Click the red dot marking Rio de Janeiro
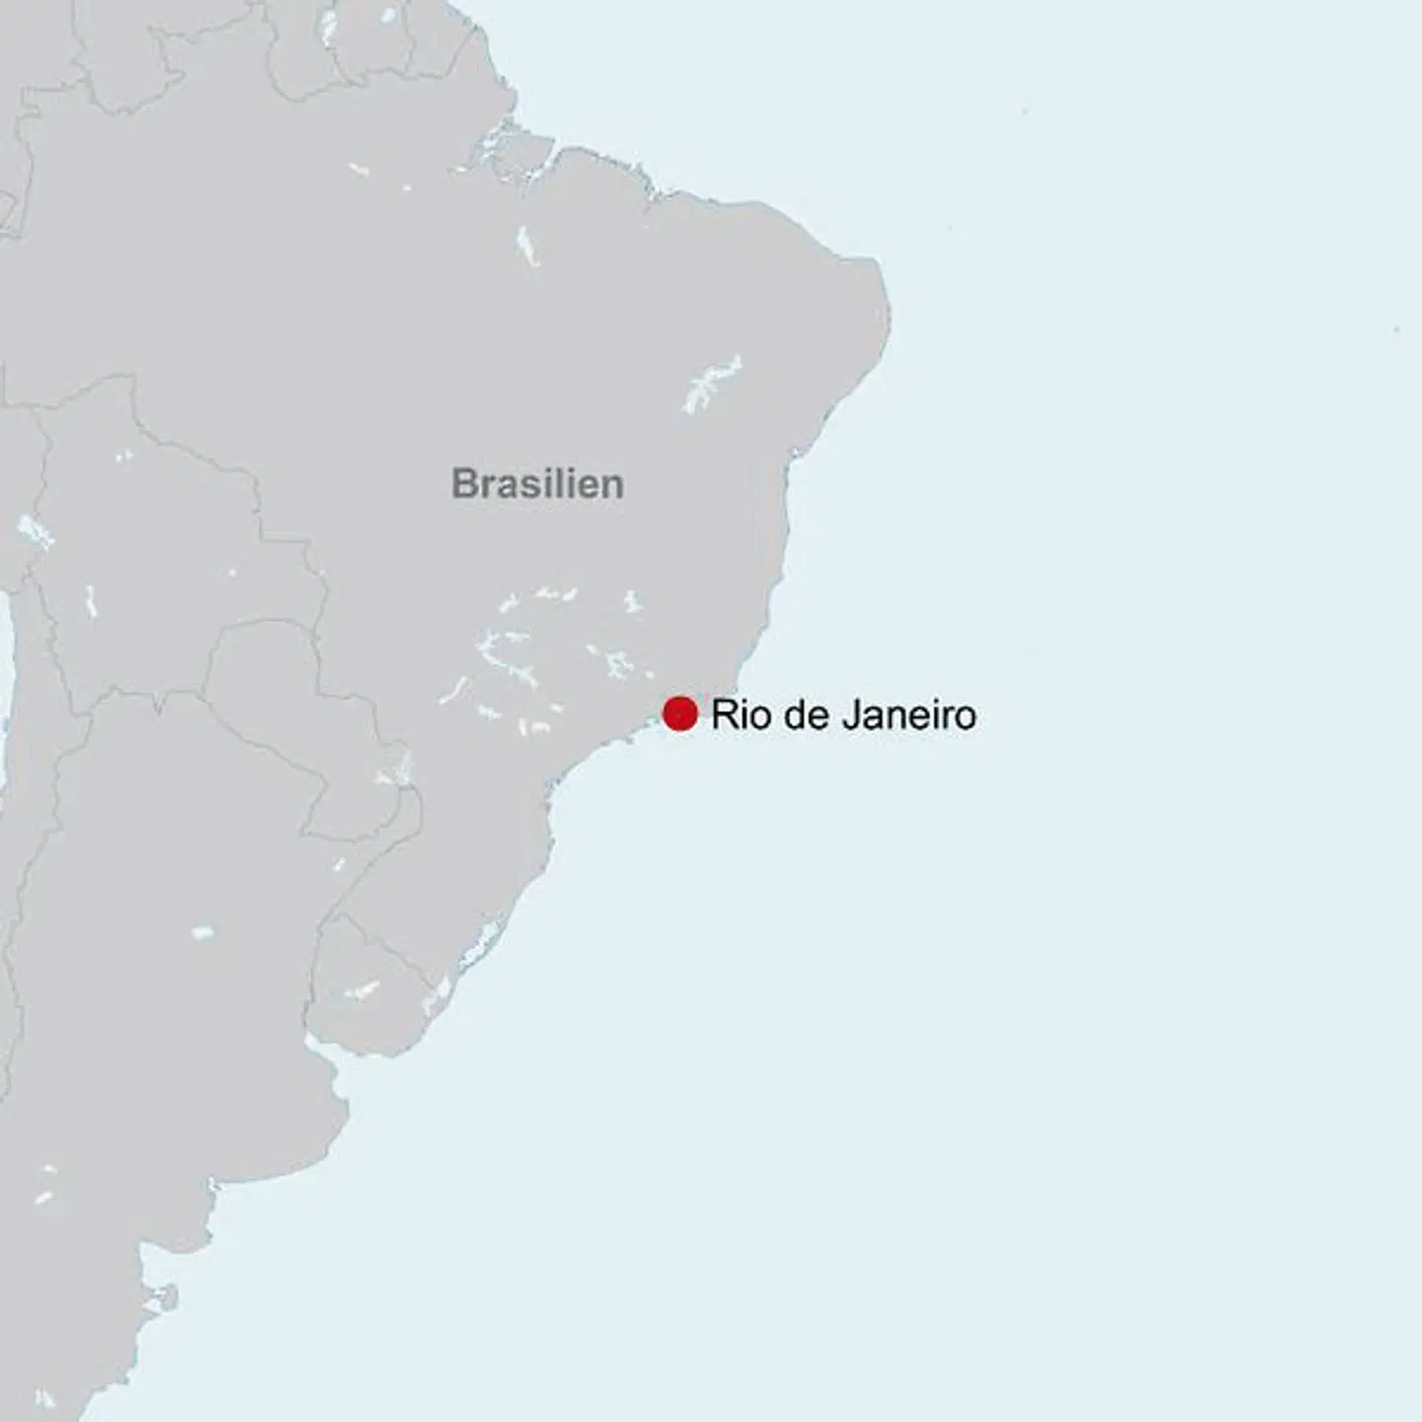tap(679, 713)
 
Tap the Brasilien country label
tap(537, 484)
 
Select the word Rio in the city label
tap(734, 714)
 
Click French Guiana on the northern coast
tap(439, 39)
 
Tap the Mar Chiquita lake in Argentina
tap(201, 932)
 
